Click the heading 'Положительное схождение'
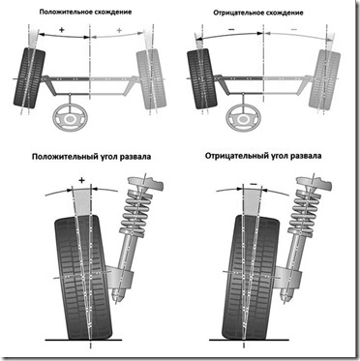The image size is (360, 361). click(x=85, y=13)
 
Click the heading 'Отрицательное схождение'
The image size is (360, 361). click(x=258, y=13)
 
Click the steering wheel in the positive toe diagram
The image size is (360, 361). click(x=71, y=118)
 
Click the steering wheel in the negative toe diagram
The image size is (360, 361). click(x=243, y=118)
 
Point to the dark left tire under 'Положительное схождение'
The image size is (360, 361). click(x=29, y=77)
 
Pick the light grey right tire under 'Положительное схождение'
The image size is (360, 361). click(x=151, y=78)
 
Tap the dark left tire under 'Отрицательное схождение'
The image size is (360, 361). click(x=202, y=78)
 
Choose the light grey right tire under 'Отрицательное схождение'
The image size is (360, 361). click(x=324, y=78)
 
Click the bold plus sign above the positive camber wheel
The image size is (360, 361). click(x=81, y=181)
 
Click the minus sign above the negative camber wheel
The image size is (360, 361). click(x=254, y=184)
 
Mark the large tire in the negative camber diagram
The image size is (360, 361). click(x=253, y=278)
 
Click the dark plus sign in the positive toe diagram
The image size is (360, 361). click(x=62, y=29)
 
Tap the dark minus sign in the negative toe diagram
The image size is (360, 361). click(x=231, y=29)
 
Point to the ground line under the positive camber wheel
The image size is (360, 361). click(x=83, y=340)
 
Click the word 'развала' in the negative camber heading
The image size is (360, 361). click(x=306, y=156)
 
